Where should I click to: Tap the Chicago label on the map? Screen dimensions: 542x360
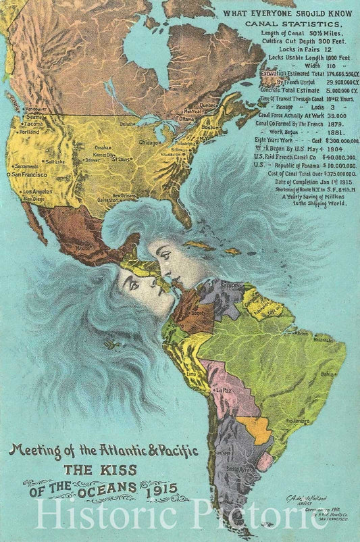click(x=149, y=143)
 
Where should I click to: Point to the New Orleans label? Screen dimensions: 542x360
click(x=124, y=195)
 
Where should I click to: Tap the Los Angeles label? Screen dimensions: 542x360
click(x=39, y=192)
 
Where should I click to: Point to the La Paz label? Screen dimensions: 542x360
click(x=224, y=391)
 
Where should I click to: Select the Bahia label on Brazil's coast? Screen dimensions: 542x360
click(x=328, y=373)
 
